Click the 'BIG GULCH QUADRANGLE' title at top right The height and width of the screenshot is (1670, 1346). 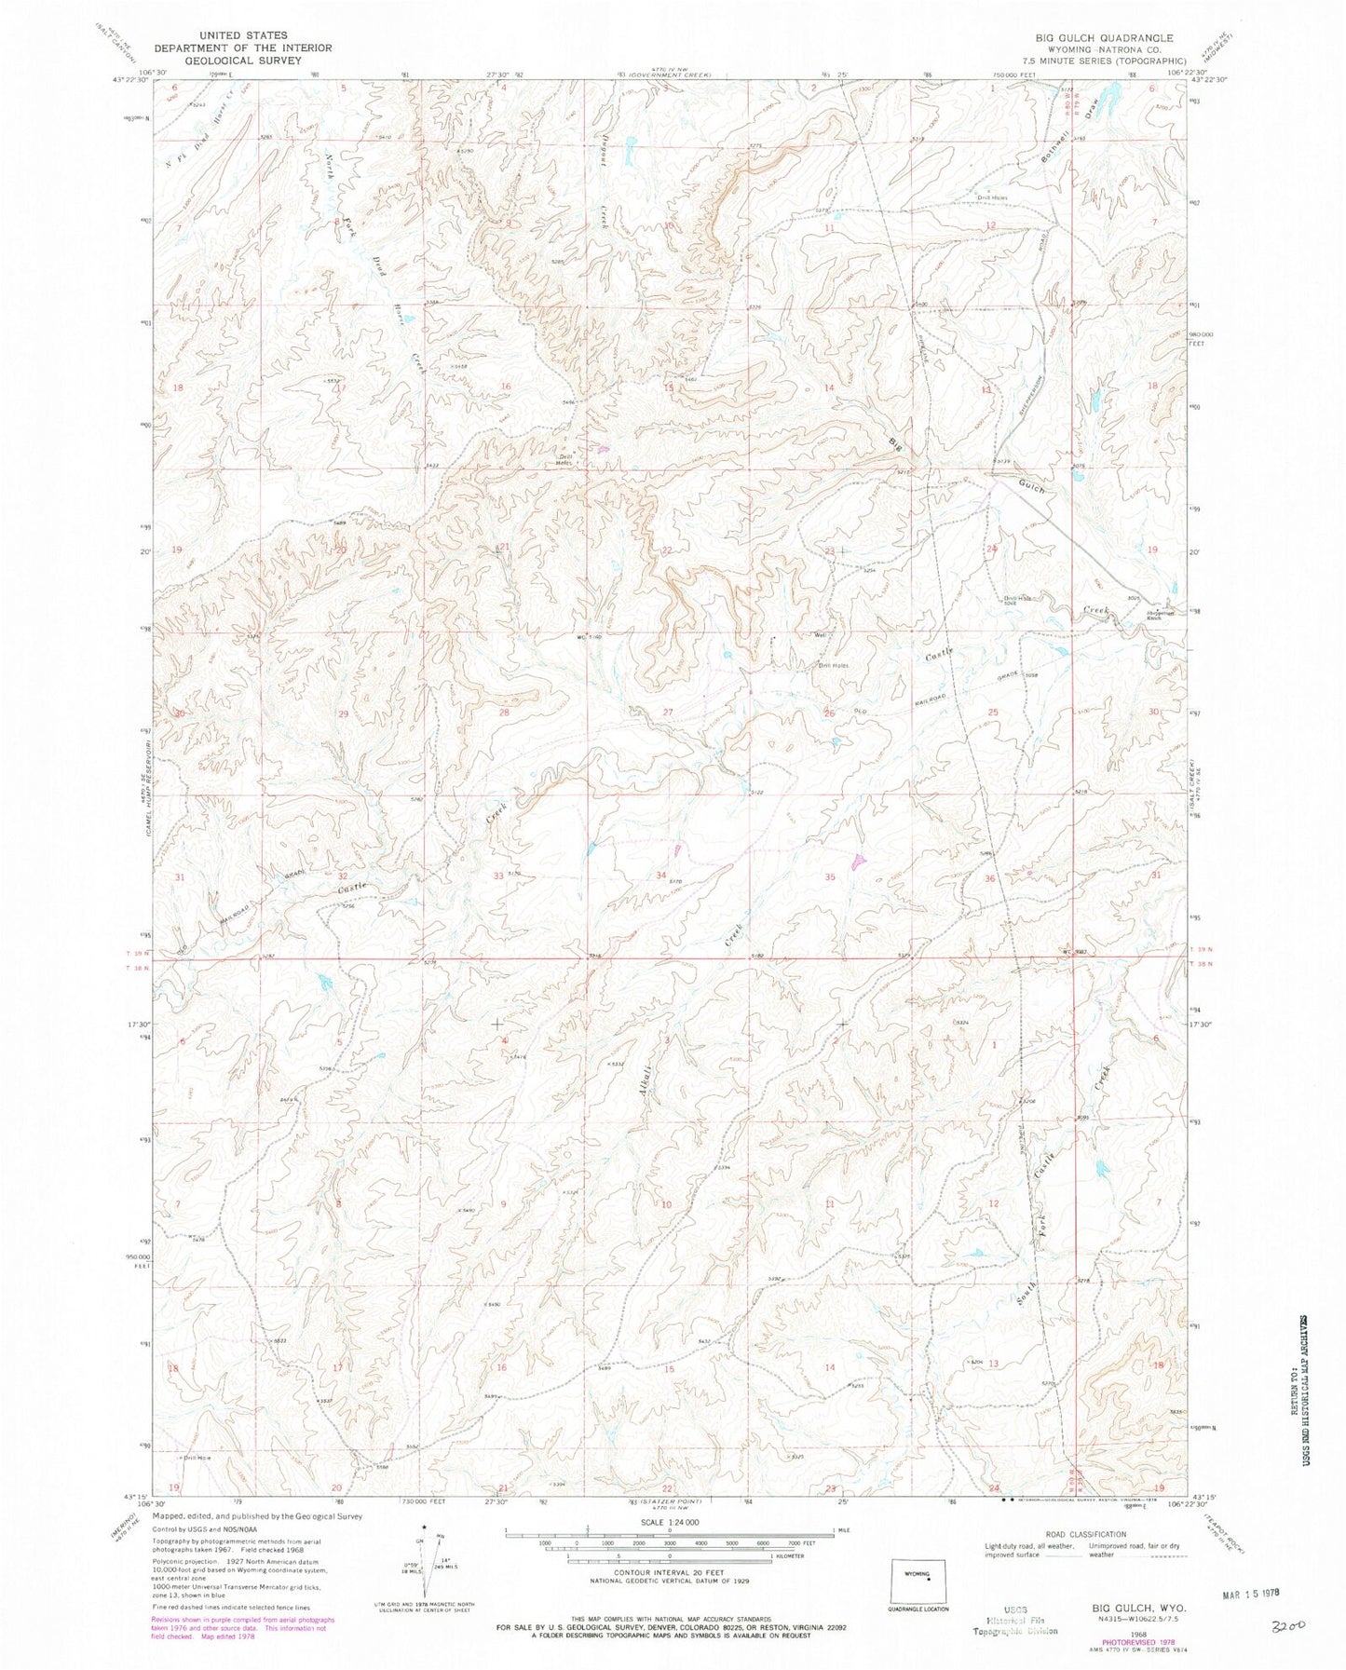click(x=1104, y=38)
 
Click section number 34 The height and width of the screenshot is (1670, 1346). click(x=661, y=876)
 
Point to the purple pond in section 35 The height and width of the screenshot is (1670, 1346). click(x=858, y=862)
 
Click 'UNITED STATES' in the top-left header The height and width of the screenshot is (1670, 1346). click(x=221, y=34)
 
